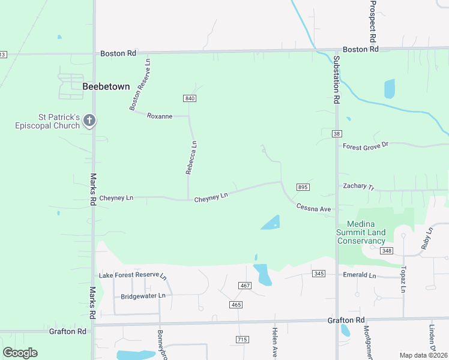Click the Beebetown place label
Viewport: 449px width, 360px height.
(106, 86)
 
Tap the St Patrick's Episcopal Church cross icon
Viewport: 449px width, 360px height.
(89, 121)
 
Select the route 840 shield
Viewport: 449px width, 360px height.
(190, 98)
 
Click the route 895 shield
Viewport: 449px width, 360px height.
(303, 187)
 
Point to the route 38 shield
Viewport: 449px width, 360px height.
(337, 134)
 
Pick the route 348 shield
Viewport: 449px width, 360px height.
(386, 250)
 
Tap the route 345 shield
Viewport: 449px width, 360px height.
(319, 274)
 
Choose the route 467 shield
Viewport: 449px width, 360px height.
(244, 286)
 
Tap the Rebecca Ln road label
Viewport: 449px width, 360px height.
(191, 158)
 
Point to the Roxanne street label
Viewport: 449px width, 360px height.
(160, 116)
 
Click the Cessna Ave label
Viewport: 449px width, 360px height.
(313, 208)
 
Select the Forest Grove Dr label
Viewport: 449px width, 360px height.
(366, 146)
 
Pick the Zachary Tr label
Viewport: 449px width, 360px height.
(358, 187)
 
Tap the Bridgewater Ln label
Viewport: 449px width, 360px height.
(143, 296)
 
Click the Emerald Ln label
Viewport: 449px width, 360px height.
(359, 275)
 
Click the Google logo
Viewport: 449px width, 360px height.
(20, 353)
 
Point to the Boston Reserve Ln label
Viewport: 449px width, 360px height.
(139, 84)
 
